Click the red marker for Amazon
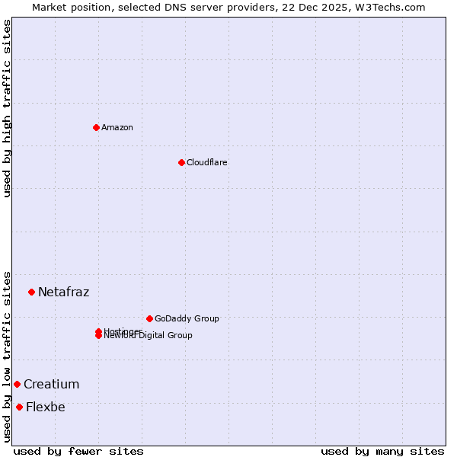pos(96,127)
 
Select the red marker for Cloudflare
pos(181,162)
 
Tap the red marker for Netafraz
pos(31,292)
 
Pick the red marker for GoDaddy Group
pos(149,318)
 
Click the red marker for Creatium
pos(17,384)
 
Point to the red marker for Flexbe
pos(19,407)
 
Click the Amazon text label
pos(117,127)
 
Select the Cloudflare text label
pos(207,162)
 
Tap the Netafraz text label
pos(63,292)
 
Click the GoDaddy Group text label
pos(187,318)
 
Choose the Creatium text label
pos(51,384)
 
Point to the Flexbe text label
pos(45,407)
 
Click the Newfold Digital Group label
pos(149,336)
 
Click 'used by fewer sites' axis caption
pos(78,451)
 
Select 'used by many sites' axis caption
pos(382,451)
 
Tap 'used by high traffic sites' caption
pos(7,108)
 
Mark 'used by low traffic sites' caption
pos(7,356)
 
